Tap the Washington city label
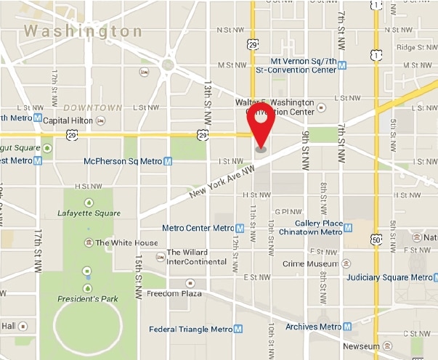pos(83,31)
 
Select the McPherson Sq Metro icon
pos(168,161)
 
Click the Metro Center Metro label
pos(198,228)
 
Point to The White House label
pos(126,242)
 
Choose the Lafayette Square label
pos(88,213)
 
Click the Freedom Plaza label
pos(174,294)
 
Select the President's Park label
pos(87,298)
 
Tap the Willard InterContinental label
pos(192,258)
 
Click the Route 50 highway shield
pos(376,240)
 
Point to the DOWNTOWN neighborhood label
pos(92,107)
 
